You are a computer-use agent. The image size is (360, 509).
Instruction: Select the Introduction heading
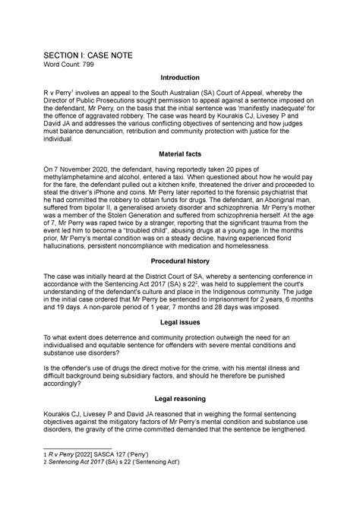tap(179, 78)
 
